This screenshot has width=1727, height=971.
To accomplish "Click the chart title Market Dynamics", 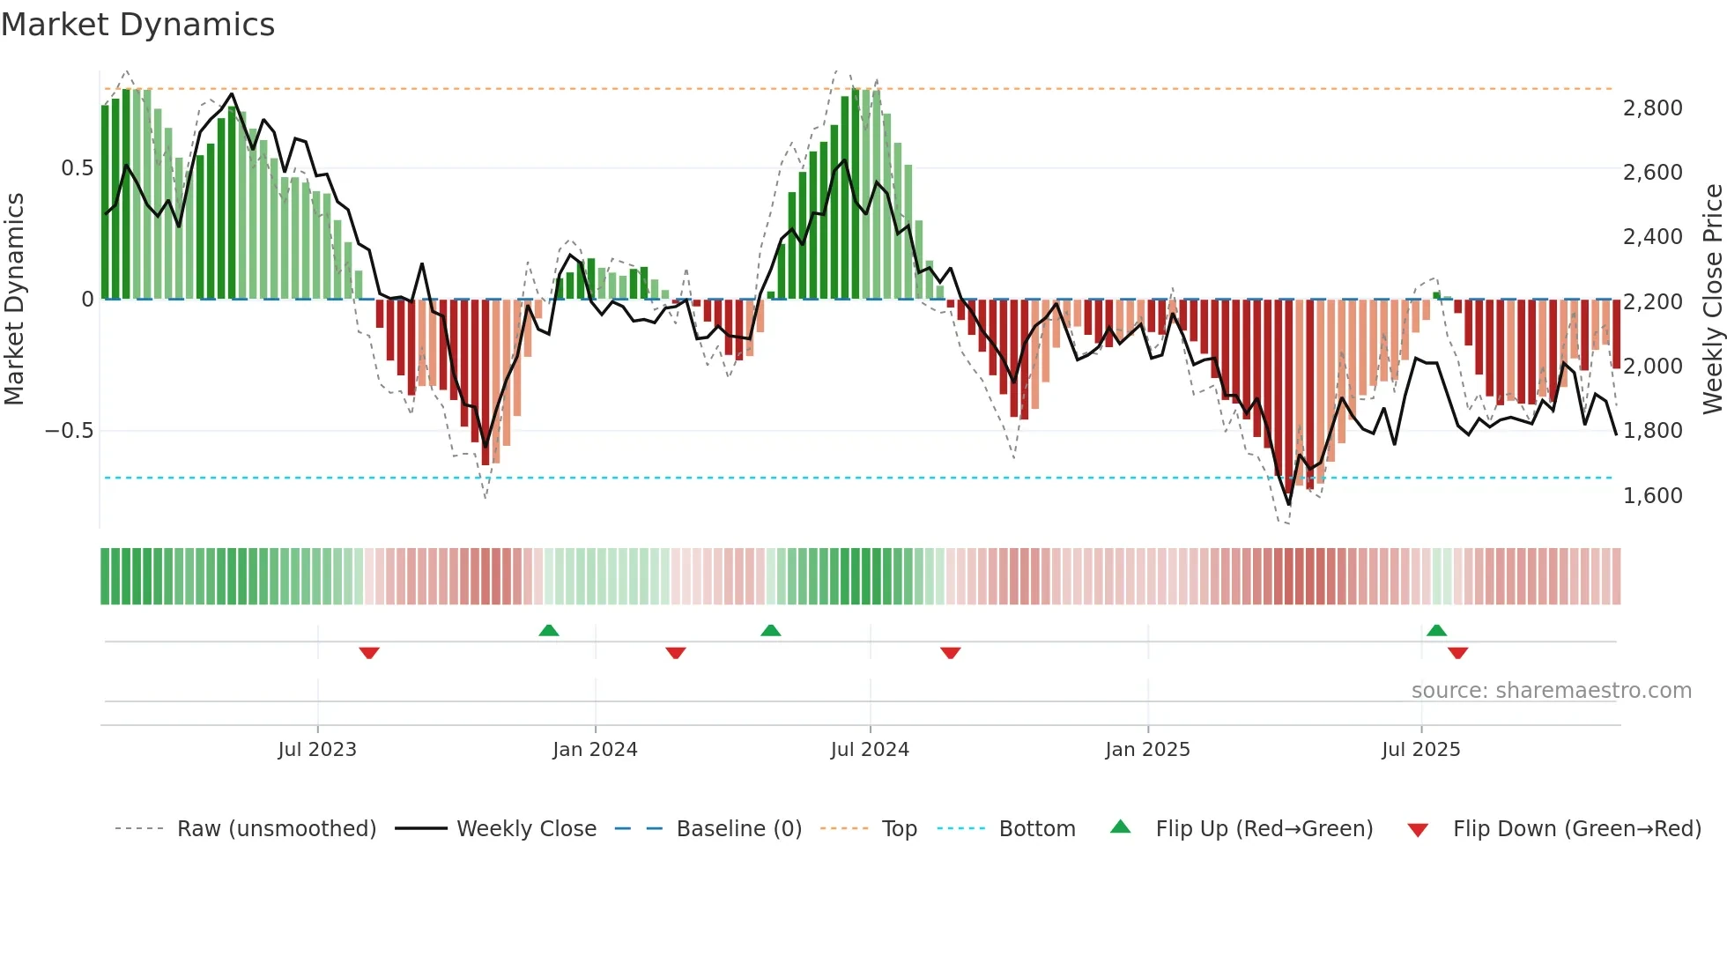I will pyautogui.click(x=137, y=25).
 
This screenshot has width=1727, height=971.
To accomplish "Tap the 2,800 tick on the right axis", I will pyautogui.click(x=1652, y=107).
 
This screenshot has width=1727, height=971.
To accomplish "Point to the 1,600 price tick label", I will pyautogui.click(x=1652, y=495).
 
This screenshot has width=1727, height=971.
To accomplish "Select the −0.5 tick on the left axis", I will pyautogui.click(x=69, y=431).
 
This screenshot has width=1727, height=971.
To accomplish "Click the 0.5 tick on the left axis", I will pyautogui.click(x=77, y=168).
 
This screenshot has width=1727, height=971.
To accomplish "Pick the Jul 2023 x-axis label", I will pyautogui.click(x=317, y=750).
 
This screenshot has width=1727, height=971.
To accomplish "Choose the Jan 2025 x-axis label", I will pyautogui.click(x=1147, y=750).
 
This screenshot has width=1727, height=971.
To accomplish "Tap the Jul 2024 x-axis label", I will pyautogui.click(x=870, y=750).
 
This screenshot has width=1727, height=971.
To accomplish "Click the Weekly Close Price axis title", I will pyautogui.click(x=1712, y=299).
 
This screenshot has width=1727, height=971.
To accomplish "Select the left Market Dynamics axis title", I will pyautogui.click(x=14, y=299).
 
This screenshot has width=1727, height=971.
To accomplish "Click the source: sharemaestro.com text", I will pyautogui.click(x=1551, y=691).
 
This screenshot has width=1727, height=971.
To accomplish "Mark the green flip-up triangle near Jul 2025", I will pyautogui.click(x=1436, y=631).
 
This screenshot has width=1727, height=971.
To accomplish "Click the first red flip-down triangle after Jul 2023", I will pyautogui.click(x=369, y=653).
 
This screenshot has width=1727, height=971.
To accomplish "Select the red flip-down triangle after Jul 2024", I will pyautogui.click(x=950, y=653).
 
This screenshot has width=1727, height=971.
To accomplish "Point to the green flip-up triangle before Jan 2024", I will pyautogui.click(x=549, y=631).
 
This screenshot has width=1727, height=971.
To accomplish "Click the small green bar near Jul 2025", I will pyautogui.click(x=1436, y=296).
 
